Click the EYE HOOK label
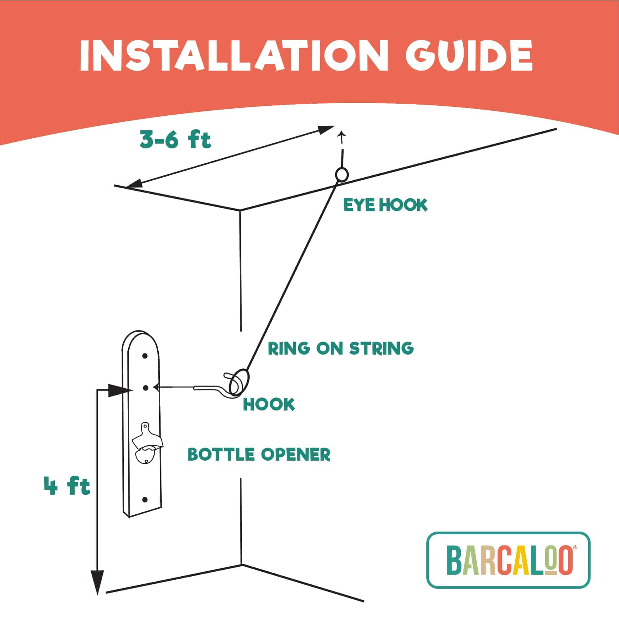coord(385,205)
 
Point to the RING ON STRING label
coord(341,348)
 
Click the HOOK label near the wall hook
coord(269,404)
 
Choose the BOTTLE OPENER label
coord(259,454)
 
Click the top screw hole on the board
coord(145,356)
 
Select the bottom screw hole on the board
coord(145,500)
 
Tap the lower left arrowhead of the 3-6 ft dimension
coord(135,183)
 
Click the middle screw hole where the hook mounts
coord(146,388)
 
